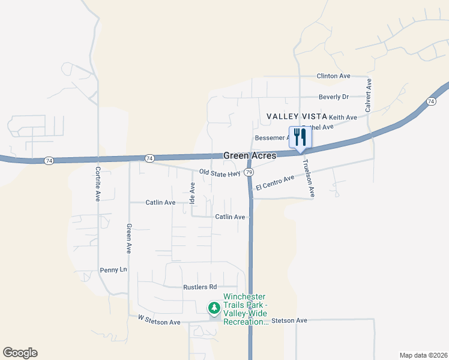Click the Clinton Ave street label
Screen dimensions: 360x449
point(333,76)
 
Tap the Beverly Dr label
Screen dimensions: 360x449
point(334,97)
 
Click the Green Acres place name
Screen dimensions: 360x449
point(250,155)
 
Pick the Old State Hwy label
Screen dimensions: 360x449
point(220,173)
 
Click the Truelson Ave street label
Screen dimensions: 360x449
point(308,178)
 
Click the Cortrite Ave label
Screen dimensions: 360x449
point(97,184)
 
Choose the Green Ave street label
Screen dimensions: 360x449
point(128,239)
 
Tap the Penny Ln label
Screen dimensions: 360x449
point(113,270)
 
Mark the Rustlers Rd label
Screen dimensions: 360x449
point(199,287)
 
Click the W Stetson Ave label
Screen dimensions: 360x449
point(159,322)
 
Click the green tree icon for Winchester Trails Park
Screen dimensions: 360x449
point(214,308)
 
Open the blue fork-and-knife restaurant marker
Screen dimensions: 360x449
point(300,137)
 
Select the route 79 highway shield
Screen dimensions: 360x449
point(248,173)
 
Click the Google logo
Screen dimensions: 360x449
point(20,353)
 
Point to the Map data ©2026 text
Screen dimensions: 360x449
point(423,355)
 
